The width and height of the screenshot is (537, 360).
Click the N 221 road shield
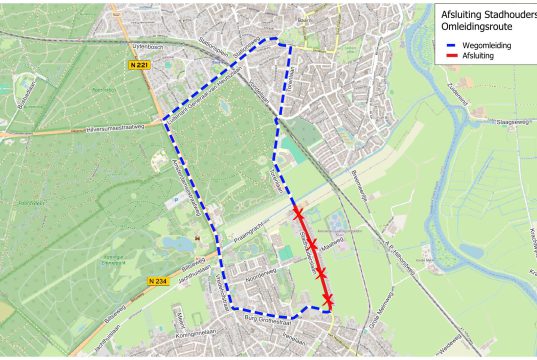click(141, 65)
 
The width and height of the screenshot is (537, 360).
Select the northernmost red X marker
click(298, 213)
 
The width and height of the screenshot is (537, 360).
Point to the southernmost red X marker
click(328, 299)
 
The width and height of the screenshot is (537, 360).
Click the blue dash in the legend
click(450, 45)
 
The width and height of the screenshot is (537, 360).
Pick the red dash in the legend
click(450, 56)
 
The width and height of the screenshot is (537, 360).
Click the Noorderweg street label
click(260, 271)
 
